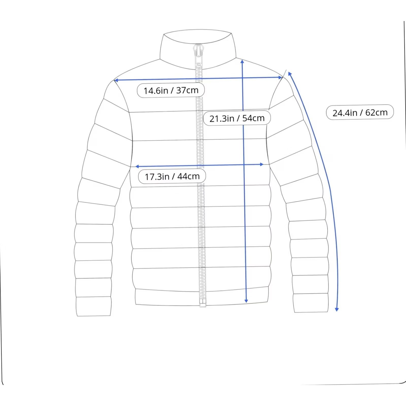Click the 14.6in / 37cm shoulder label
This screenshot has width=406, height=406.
click(x=171, y=90)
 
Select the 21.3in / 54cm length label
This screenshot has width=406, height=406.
click(x=237, y=118)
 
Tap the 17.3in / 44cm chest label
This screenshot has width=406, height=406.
click(x=172, y=176)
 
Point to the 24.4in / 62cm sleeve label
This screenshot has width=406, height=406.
click(x=360, y=112)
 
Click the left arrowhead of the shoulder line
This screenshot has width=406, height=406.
click(x=116, y=80)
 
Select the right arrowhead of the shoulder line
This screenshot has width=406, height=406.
click(x=280, y=77)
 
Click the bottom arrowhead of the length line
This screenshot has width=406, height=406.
click(x=246, y=301)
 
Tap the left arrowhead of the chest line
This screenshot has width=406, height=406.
click(x=137, y=166)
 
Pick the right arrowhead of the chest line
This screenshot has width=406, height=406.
click(x=262, y=164)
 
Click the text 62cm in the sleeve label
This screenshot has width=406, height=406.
click(x=376, y=112)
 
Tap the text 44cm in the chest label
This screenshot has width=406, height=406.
click(x=189, y=176)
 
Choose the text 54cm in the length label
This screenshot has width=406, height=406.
click(x=253, y=118)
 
